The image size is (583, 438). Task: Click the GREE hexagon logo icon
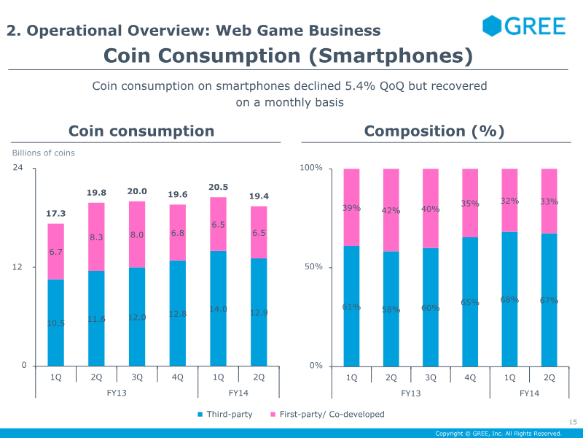(x=491, y=26)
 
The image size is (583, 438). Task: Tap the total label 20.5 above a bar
(x=218, y=187)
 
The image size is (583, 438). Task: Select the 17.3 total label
(x=56, y=213)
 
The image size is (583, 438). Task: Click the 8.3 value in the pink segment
(x=96, y=237)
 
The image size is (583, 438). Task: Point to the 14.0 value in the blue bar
(x=218, y=309)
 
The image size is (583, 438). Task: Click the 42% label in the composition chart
(x=391, y=211)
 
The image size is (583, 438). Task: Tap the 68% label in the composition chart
(x=509, y=300)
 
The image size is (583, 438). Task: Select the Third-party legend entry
(x=225, y=414)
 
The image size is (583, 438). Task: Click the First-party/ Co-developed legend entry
(x=327, y=414)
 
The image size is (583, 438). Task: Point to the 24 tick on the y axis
(x=17, y=168)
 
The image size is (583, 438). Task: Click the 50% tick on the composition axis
(x=313, y=266)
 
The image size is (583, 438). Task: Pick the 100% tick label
(x=311, y=168)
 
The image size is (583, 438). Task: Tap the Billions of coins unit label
(x=43, y=153)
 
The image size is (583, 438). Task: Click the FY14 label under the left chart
(x=238, y=393)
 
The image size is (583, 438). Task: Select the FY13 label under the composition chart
(x=411, y=393)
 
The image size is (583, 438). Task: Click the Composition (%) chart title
(x=434, y=131)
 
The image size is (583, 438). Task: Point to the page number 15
(x=573, y=422)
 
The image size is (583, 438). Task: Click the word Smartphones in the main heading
(x=391, y=56)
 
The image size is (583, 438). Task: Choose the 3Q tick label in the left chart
(x=137, y=377)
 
